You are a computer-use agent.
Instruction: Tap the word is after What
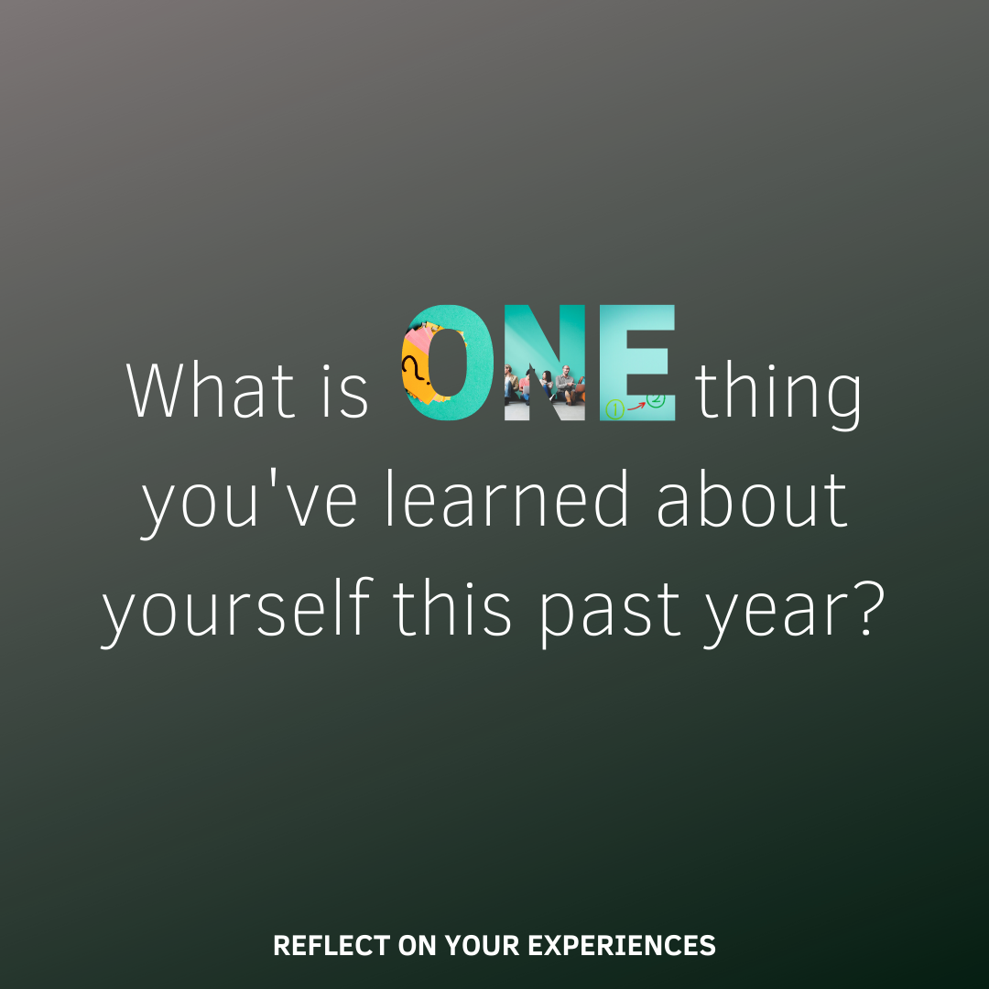point(345,390)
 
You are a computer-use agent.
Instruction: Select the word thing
point(778,395)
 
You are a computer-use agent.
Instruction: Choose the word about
point(752,498)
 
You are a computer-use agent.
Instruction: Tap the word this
point(451,607)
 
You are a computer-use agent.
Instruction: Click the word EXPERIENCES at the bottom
point(622,945)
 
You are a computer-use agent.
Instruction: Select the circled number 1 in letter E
point(615,409)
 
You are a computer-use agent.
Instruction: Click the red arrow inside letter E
point(636,407)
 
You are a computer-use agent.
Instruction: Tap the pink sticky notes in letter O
point(417,344)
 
